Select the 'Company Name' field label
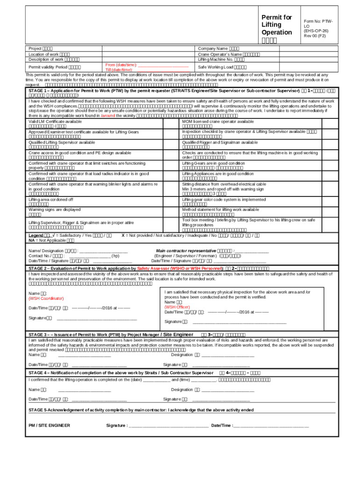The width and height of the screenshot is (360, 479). click(x=213, y=48)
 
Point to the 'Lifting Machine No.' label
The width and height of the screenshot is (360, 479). click(x=216, y=59)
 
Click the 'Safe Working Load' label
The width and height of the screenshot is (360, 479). click(x=216, y=67)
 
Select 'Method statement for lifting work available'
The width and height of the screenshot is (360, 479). click(x=220, y=210)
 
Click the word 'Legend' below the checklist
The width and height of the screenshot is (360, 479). click(x=36, y=235)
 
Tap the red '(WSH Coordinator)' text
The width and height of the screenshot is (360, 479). click(x=46, y=298)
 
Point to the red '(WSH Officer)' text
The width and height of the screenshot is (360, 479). click(x=177, y=307)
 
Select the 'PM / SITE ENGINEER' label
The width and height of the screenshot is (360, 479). click(x=49, y=425)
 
